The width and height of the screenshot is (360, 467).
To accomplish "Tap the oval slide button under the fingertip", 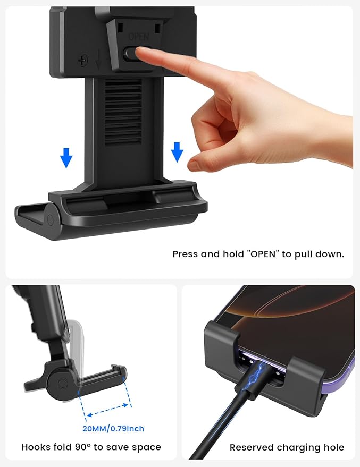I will click(x=133, y=54).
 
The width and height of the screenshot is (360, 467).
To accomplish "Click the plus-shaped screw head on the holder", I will click(x=82, y=60).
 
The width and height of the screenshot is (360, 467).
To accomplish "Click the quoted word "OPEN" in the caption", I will click(x=260, y=254).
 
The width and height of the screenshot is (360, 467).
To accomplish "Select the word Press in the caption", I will click(x=186, y=254).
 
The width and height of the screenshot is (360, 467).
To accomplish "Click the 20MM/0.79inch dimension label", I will click(x=114, y=428).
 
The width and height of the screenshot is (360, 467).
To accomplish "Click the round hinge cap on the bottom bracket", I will click(x=51, y=220).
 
